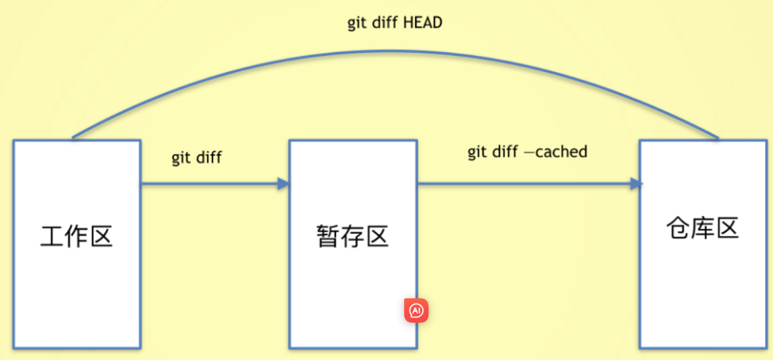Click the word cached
pyautogui.click(x=561, y=152)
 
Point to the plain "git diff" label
pyautogui.click(x=196, y=157)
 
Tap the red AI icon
pyautogui.click(x=416, y=311)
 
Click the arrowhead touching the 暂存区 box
pyautogui.click(x=283, y=184)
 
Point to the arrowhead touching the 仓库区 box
pyautogui.click(x=636, y=184)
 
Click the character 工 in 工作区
pyautogui.click(x=52, y=236)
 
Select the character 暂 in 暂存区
pyautogui.click(x=328, y=236)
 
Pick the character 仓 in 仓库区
pyautogui.click(x=678, y=228)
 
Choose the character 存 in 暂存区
pyautogui.click(x=353, y=236)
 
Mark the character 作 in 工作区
pyautogui.click(x=76, y=236)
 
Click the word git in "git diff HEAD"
pyautogui.click(x=357, y=24)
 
